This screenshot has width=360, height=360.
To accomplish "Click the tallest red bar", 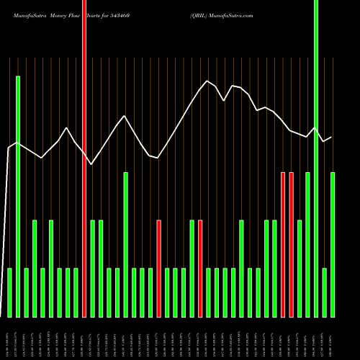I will tap(84, 158).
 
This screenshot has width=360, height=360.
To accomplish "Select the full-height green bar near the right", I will tap(316, 158).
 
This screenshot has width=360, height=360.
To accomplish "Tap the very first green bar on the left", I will tap(9, 292).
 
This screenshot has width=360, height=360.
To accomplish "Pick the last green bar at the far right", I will tap(333, 245).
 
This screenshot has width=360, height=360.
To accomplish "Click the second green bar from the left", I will tap(18, 196).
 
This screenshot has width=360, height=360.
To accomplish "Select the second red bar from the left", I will tap(159, 268).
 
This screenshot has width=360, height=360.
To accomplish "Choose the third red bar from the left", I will tap(200, 268).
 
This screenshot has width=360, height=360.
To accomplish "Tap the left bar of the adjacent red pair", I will tap(283, 245).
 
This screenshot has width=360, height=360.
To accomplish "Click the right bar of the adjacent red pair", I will tap(292, 245).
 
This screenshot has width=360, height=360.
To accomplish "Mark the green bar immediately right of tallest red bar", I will tap(93, 268).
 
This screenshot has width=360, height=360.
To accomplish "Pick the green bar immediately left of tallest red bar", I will tap(76, 292).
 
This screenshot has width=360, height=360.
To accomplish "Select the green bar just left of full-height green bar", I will tap(308, 245).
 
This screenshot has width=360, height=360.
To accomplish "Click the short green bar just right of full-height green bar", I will tap(325, 292).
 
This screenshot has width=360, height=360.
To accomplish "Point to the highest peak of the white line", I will tap(207, 81).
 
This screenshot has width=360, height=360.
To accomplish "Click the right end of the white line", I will tap(331, 137).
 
